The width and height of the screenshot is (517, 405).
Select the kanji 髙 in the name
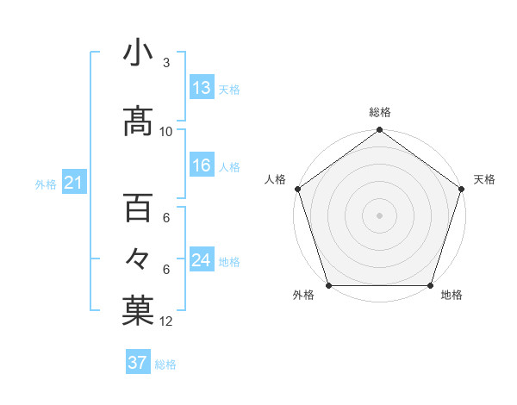pos(137,121)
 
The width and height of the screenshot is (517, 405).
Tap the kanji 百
pos(137,208)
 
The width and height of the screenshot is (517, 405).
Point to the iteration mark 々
pos(137,259)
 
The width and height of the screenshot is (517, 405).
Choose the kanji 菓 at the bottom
pos(137,311)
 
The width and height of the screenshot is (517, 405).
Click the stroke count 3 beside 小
pos(166,63)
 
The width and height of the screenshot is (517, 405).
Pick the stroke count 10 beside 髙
pos(166,132)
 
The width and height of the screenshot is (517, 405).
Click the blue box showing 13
pos(202,88)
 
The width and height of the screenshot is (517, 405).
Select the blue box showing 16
pos(202,165)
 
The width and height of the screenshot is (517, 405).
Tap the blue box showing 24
pos(202,260)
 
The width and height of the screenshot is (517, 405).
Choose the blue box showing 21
pos(73,183)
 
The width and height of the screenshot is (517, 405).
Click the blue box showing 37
pos(138,363)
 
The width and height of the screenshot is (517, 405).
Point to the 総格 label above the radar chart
pos(380,112)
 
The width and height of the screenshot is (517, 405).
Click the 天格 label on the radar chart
pos(484,179)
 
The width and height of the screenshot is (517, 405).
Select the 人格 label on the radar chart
pos(275,179)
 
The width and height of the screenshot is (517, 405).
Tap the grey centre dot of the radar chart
pos(379,215)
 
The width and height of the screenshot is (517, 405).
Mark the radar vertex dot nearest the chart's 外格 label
pos(327,285)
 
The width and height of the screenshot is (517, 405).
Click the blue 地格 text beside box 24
pos(229,262)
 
